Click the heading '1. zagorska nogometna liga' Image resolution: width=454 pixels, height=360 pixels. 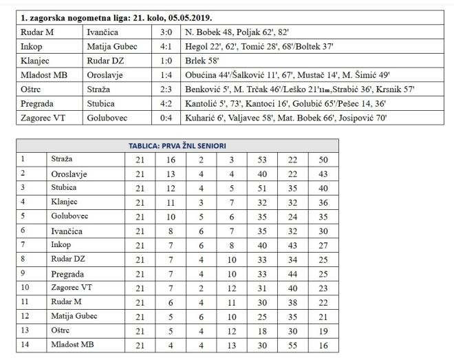click(115, 17)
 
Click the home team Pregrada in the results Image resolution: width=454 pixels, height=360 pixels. click(41, 104)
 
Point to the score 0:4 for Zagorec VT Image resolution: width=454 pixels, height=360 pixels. click(166, 118)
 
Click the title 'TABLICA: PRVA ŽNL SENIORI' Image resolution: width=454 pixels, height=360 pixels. click(177, 146)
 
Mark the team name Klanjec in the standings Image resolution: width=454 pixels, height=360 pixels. click(65, 202)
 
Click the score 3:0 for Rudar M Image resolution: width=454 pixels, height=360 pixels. click(166, 32)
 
